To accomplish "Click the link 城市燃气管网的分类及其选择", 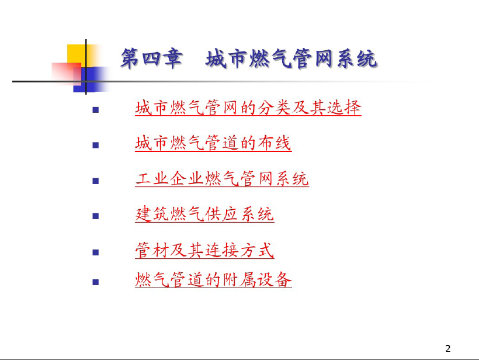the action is [248, 108].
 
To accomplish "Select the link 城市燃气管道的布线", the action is [213, 143].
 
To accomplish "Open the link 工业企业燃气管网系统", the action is [222, 179].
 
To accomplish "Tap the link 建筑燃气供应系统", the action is [204, 214].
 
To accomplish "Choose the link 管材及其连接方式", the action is [204, 250].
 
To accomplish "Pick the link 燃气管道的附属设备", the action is [213, 279].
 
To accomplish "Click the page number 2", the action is [448, 348].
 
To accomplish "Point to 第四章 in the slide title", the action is [152, 58].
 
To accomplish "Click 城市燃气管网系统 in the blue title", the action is [291, 58].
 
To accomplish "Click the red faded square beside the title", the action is [66, 74].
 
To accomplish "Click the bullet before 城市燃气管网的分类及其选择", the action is [96, 110].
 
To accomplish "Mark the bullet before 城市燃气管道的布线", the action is [96, 145].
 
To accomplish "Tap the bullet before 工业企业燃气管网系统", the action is [96, 181].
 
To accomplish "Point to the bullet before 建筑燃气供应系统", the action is [96, 216].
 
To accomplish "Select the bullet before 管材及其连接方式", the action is [96, 252].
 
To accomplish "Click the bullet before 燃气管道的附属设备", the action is [96, 282].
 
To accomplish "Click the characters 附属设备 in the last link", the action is [257, 279].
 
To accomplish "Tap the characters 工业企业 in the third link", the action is [169, 179].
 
